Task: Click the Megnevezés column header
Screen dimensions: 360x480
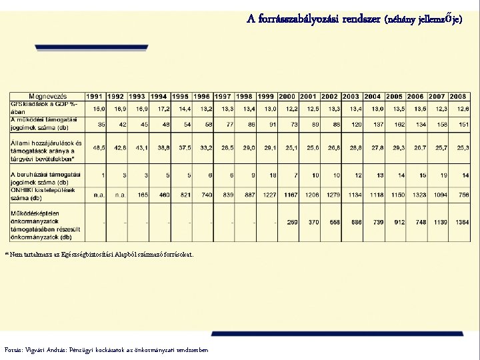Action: (46, 96)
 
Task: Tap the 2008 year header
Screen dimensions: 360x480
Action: (458, 96)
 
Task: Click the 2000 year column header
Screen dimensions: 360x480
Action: (287, 96)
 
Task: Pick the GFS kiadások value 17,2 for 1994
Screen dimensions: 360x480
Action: (163, 108)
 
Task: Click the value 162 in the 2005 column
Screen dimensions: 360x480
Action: (399, 124)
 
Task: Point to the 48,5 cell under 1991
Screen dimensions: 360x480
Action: (99, 147)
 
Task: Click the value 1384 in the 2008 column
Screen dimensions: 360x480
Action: (461, 222)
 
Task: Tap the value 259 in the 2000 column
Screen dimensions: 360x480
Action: (291, 222)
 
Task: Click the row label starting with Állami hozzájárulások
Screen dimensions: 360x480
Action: (45, 151)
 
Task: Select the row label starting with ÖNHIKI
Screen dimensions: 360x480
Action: (43, 194)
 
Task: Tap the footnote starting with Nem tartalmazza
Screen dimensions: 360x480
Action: (100, 254)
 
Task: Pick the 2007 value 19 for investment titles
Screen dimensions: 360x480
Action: (441, 175)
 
